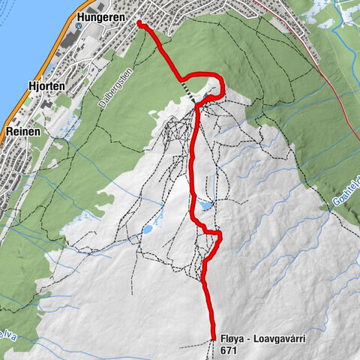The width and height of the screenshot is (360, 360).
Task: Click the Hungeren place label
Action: [107, 14]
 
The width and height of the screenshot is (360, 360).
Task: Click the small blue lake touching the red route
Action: [205, 204]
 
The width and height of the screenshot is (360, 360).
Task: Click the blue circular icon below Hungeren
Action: [139, 23]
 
